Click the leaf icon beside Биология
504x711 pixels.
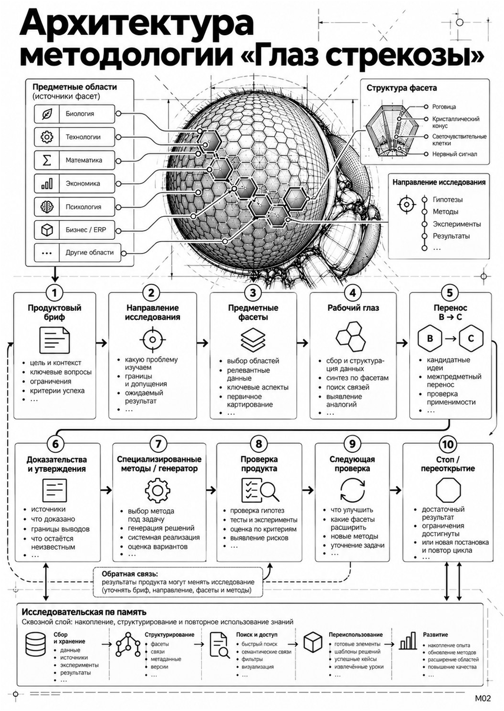[x=47, y=114]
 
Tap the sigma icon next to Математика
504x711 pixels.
[x=47, y=160]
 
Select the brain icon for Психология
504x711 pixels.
[x=47, y=207]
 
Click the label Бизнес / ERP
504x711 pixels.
[x=85, y=230]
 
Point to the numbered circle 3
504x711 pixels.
[x=252, y=293]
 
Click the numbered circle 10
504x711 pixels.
[x=447, y=444]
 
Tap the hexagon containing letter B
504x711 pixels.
[x=430, y=339]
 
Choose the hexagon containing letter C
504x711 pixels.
[x=471, y=339]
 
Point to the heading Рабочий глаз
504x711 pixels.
[x=353, y=308]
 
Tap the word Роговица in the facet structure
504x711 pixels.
[x=444, y=106]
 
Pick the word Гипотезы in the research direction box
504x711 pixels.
[x=447, y=200]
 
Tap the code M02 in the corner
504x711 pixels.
[x=483, y=698]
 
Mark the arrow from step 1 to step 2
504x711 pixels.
[x=101, y=343]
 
